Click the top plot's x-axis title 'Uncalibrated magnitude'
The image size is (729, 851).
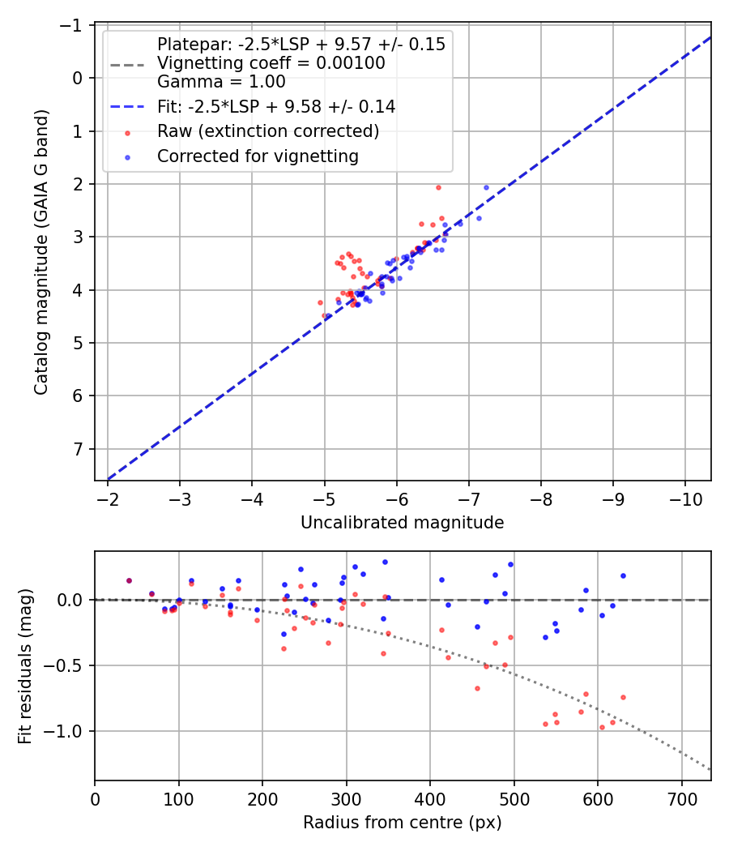point(402,523)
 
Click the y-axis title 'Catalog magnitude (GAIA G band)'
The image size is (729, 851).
point(41,252)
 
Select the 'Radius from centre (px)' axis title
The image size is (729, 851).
point(402,823)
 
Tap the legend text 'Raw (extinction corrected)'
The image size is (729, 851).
point(268,131)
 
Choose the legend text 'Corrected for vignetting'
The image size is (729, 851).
point(258,156)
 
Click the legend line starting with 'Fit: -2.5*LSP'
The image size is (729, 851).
point(276,106)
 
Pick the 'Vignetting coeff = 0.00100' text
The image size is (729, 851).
point(271,63)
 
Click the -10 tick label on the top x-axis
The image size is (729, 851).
point(685,498)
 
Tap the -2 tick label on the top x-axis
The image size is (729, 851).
point(108,498)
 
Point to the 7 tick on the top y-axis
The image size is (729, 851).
point(78,449)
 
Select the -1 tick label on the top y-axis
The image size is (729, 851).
point(72,25)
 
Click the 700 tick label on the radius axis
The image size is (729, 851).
point(681,798)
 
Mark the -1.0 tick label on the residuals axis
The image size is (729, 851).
point(66,731)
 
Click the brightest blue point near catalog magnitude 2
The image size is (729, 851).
point(487,187)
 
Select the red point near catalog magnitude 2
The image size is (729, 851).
point(438,187)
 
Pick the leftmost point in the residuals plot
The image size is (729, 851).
point(129,580)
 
